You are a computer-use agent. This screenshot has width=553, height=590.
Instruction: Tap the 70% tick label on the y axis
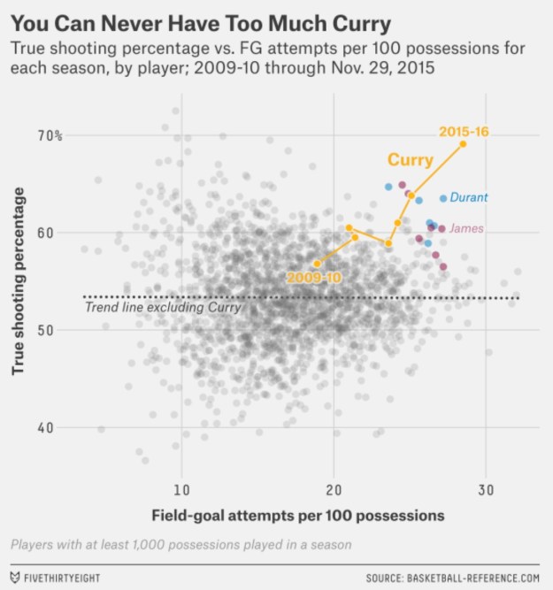pyautogui.click(x=49, y=135)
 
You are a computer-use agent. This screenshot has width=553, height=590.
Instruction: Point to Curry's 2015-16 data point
pyautogui.click(x=463, y=143)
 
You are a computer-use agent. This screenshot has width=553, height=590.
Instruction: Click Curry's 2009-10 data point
pyautogui.click(x=317, y=264)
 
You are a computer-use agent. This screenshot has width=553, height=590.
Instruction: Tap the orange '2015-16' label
pyautogui.click(x=464, y=131)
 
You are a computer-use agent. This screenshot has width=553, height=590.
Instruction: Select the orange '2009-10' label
pyautogui.click(x=313, y=278)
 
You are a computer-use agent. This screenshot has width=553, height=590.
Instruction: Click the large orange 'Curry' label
pyautogui.click(x=411, y=161)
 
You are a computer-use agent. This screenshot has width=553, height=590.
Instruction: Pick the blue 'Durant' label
pyautogui.click(x=469, y=197)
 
